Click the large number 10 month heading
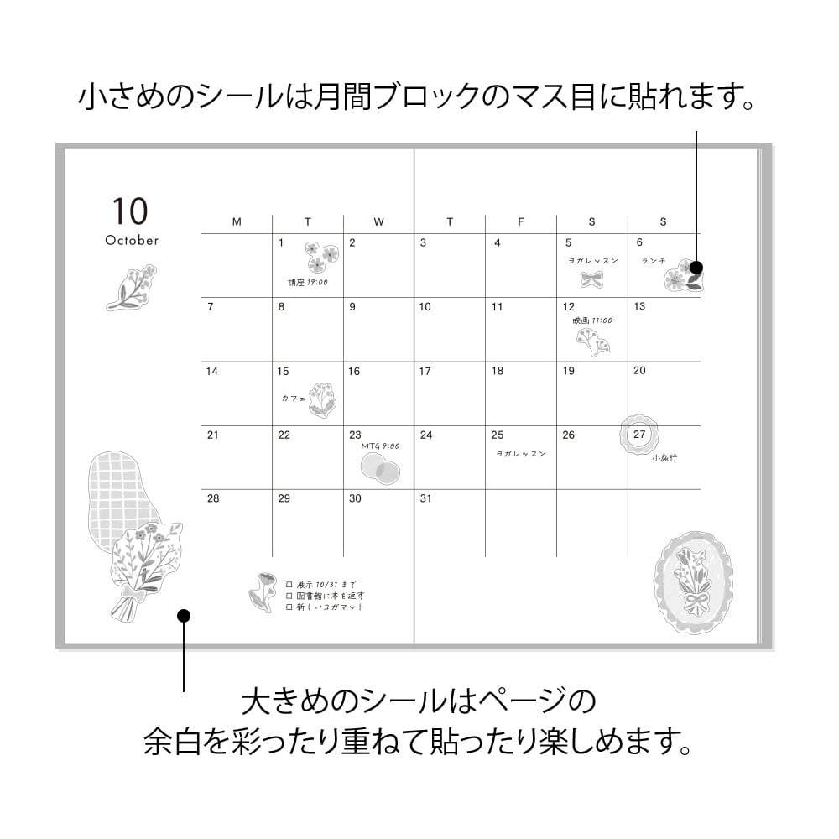coord(129,211)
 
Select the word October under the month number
coord(132,241)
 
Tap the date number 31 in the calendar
coord(425,498)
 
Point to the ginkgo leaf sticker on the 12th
coord(592,341)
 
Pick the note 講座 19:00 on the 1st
coord(308,283)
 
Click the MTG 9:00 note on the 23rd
coord(380,446)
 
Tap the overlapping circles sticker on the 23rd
coord(380,467)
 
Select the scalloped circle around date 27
coord(640,435)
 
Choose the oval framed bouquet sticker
coord(692,581)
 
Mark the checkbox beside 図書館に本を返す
coord(289,595)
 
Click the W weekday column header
coord(378,222)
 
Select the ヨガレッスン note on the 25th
coord(520,454)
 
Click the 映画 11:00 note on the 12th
coord(592,320)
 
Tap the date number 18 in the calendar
coord(498,371)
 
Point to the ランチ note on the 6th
coord(654,261)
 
